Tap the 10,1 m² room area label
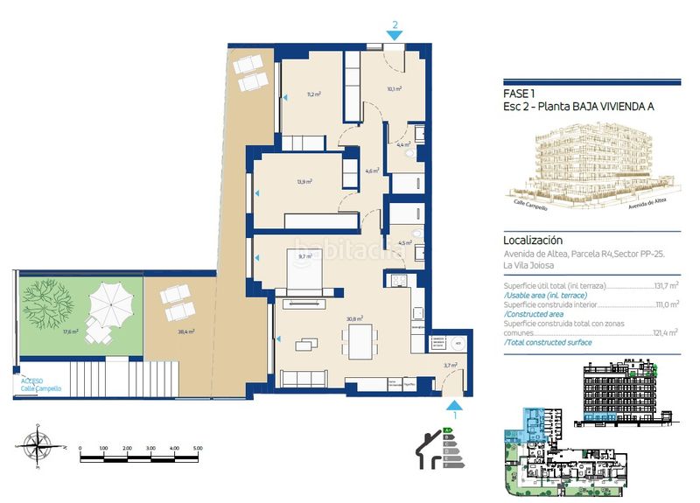coord(394,88)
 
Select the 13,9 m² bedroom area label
coord(304,182)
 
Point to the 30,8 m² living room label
coord(355,319)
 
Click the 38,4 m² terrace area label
coord(185,332)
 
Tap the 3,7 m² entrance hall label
coord(450,366)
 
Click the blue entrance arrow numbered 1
coord(452,405)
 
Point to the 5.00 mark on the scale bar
coord(198,448)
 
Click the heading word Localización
coord(533,240)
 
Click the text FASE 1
coord(521,94)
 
